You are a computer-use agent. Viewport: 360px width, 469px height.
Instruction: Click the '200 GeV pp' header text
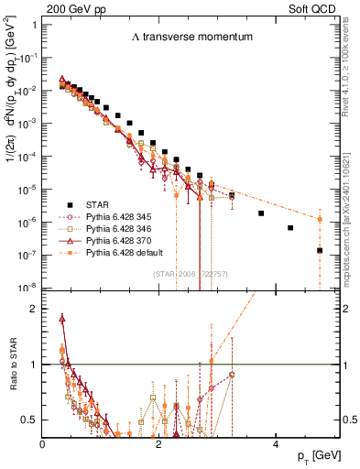click(x=69, y=7)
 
